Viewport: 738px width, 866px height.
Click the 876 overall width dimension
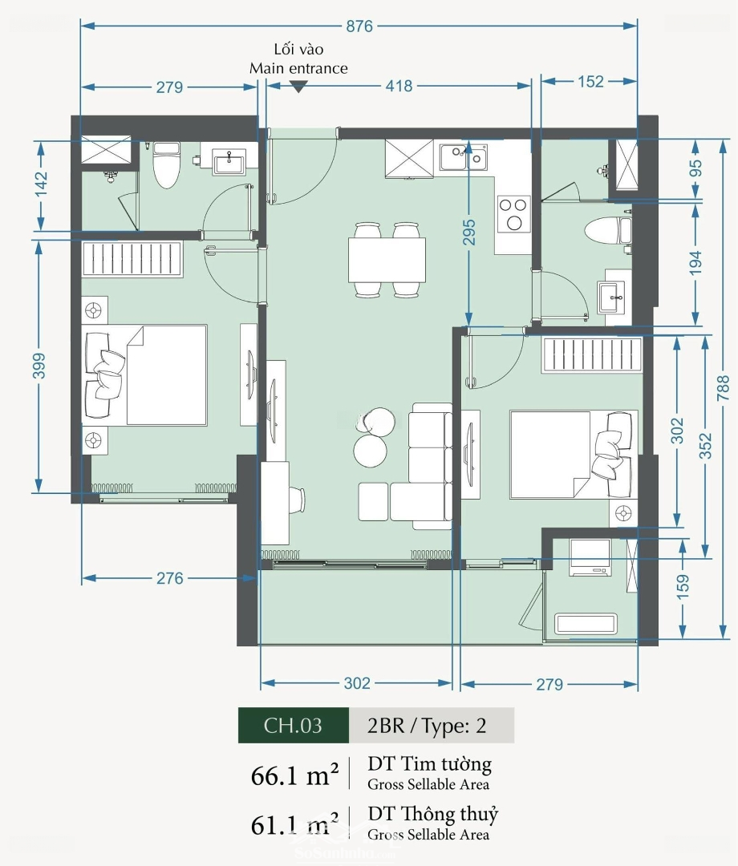tap(359, 26)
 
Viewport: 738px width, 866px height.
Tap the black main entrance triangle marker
tap(298, 87)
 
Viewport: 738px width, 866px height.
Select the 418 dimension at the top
tap(399, 86)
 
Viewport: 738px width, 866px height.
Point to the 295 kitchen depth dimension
tap(468, 233)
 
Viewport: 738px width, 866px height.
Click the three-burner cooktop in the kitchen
tap(513, 214)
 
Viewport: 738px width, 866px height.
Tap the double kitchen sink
tap(464, 157)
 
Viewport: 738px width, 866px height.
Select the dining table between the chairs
tap(387, 260)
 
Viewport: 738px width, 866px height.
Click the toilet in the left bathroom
tap(166, 164)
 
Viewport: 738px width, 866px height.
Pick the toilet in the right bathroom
tap(607, 231)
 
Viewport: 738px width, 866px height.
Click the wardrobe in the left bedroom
tap(132, 258)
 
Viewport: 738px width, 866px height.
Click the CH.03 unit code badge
tap(294, 725)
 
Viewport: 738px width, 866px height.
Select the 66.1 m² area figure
tap(294, 775)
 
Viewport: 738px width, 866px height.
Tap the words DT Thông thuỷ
tap(433, 814)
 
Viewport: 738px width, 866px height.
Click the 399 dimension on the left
tap(39, 366)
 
